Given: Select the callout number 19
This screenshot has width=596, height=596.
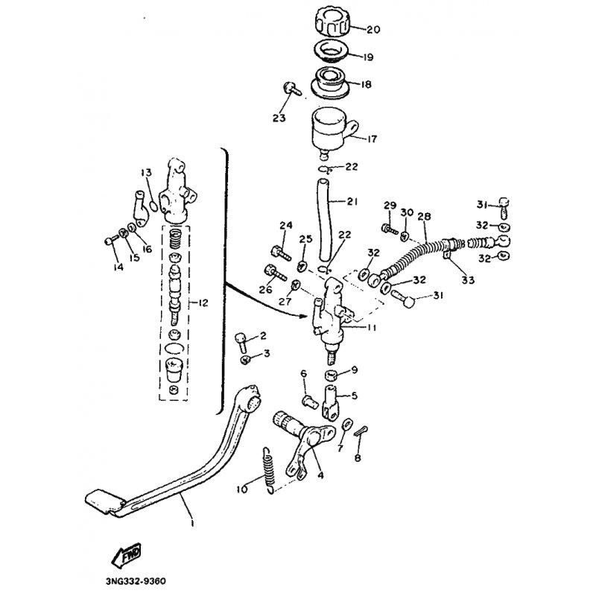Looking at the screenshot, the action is pos(368,57).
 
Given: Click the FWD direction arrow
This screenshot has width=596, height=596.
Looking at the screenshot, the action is pos(127,555).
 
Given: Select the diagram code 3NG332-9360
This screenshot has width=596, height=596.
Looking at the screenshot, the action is pos(136,582).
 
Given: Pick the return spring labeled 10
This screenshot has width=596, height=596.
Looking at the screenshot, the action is pos(269,471).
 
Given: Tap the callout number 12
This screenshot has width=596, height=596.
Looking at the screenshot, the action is pos(203,303).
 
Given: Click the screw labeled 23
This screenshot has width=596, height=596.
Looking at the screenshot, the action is pos(291,88).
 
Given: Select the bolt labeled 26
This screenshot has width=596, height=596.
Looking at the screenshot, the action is pos(274,272).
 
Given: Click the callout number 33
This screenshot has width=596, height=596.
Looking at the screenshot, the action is pos(468,280).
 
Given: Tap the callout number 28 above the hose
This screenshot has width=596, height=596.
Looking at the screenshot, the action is pos(424,216).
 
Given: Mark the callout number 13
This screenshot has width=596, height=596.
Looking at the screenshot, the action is pos(146,173).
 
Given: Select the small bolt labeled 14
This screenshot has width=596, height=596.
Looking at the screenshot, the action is pos(110,240).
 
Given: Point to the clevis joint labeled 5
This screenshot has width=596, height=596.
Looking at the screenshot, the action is pos(331,403).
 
